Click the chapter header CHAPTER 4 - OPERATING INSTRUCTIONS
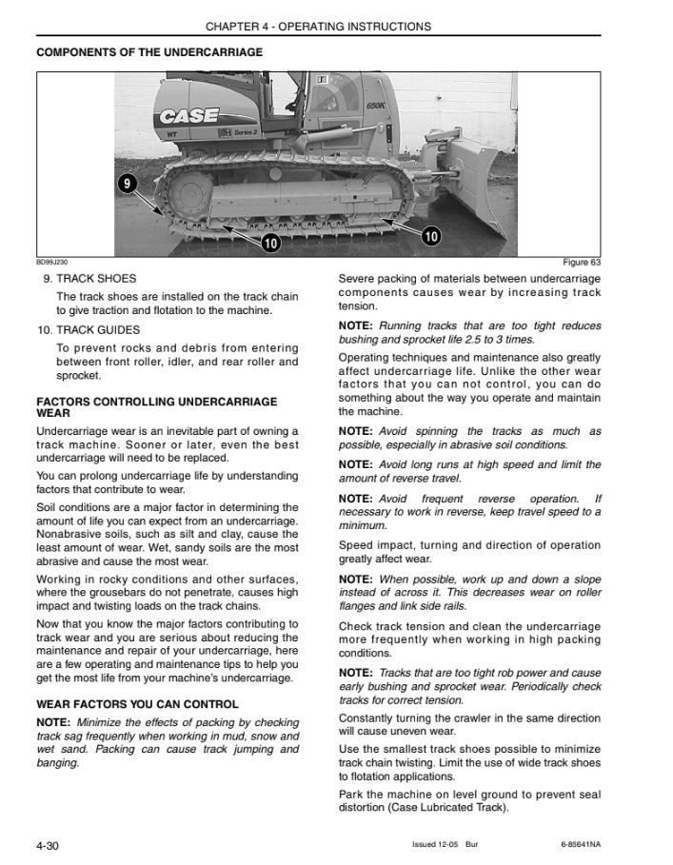click(x=318, y=27)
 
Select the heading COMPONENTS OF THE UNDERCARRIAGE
click(x=149, y=52)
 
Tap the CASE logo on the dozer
click(x=188, y=119)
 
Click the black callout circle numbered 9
click(x=129, y=183)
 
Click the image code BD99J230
click(x=51, y=263)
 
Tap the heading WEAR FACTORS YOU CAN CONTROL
click(x=137, y=704)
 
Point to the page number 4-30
click(x=48, y=845)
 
